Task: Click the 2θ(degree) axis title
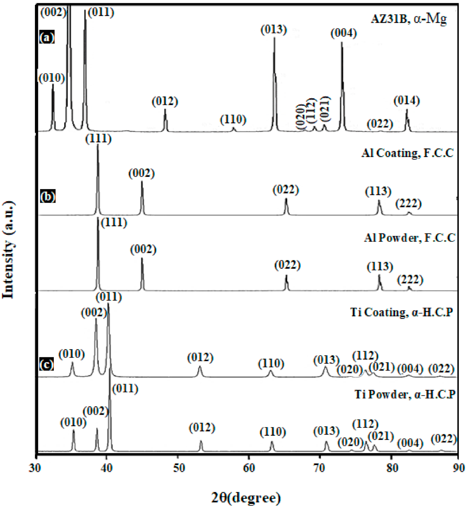click(246, 497)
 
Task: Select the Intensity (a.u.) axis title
click(9, 250)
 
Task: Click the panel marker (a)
click(47, 37)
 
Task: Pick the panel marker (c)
click(46, 365)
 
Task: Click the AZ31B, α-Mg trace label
click(409, 19)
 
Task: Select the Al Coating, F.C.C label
click(408, 153)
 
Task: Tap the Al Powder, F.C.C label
click(410, 238)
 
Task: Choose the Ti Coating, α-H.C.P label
click(401, 312)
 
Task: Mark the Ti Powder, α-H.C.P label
click(405, 394)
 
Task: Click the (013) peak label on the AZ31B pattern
click(274, 30)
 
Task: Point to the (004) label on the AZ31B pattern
click(344, 33)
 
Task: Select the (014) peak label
click(407, 100)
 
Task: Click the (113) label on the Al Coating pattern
click(378, 191)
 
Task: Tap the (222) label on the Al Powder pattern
click(410, 280)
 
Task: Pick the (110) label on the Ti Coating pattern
click(271, 364)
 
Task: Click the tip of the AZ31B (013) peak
click(274, 38)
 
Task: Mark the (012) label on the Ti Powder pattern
click(202, 428)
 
